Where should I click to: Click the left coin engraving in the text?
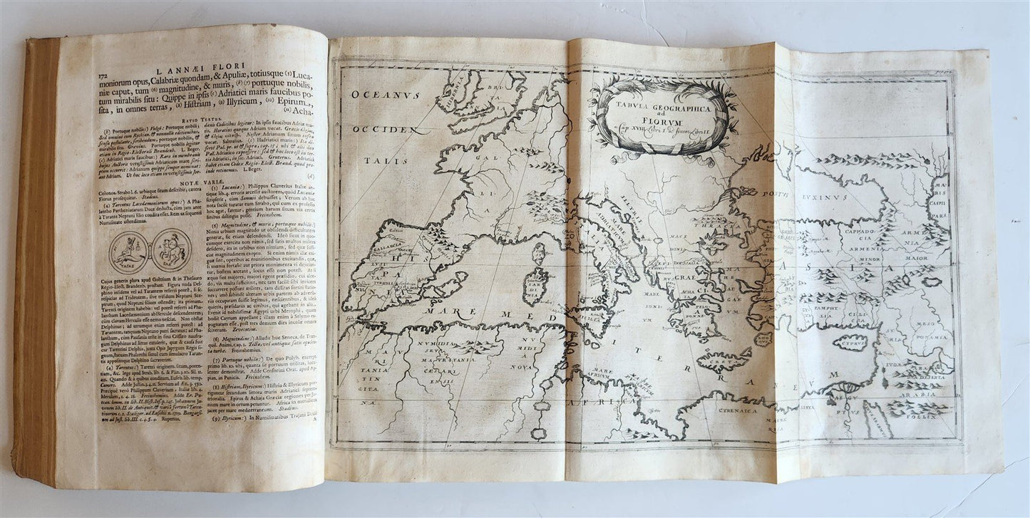(x=128, y=253)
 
